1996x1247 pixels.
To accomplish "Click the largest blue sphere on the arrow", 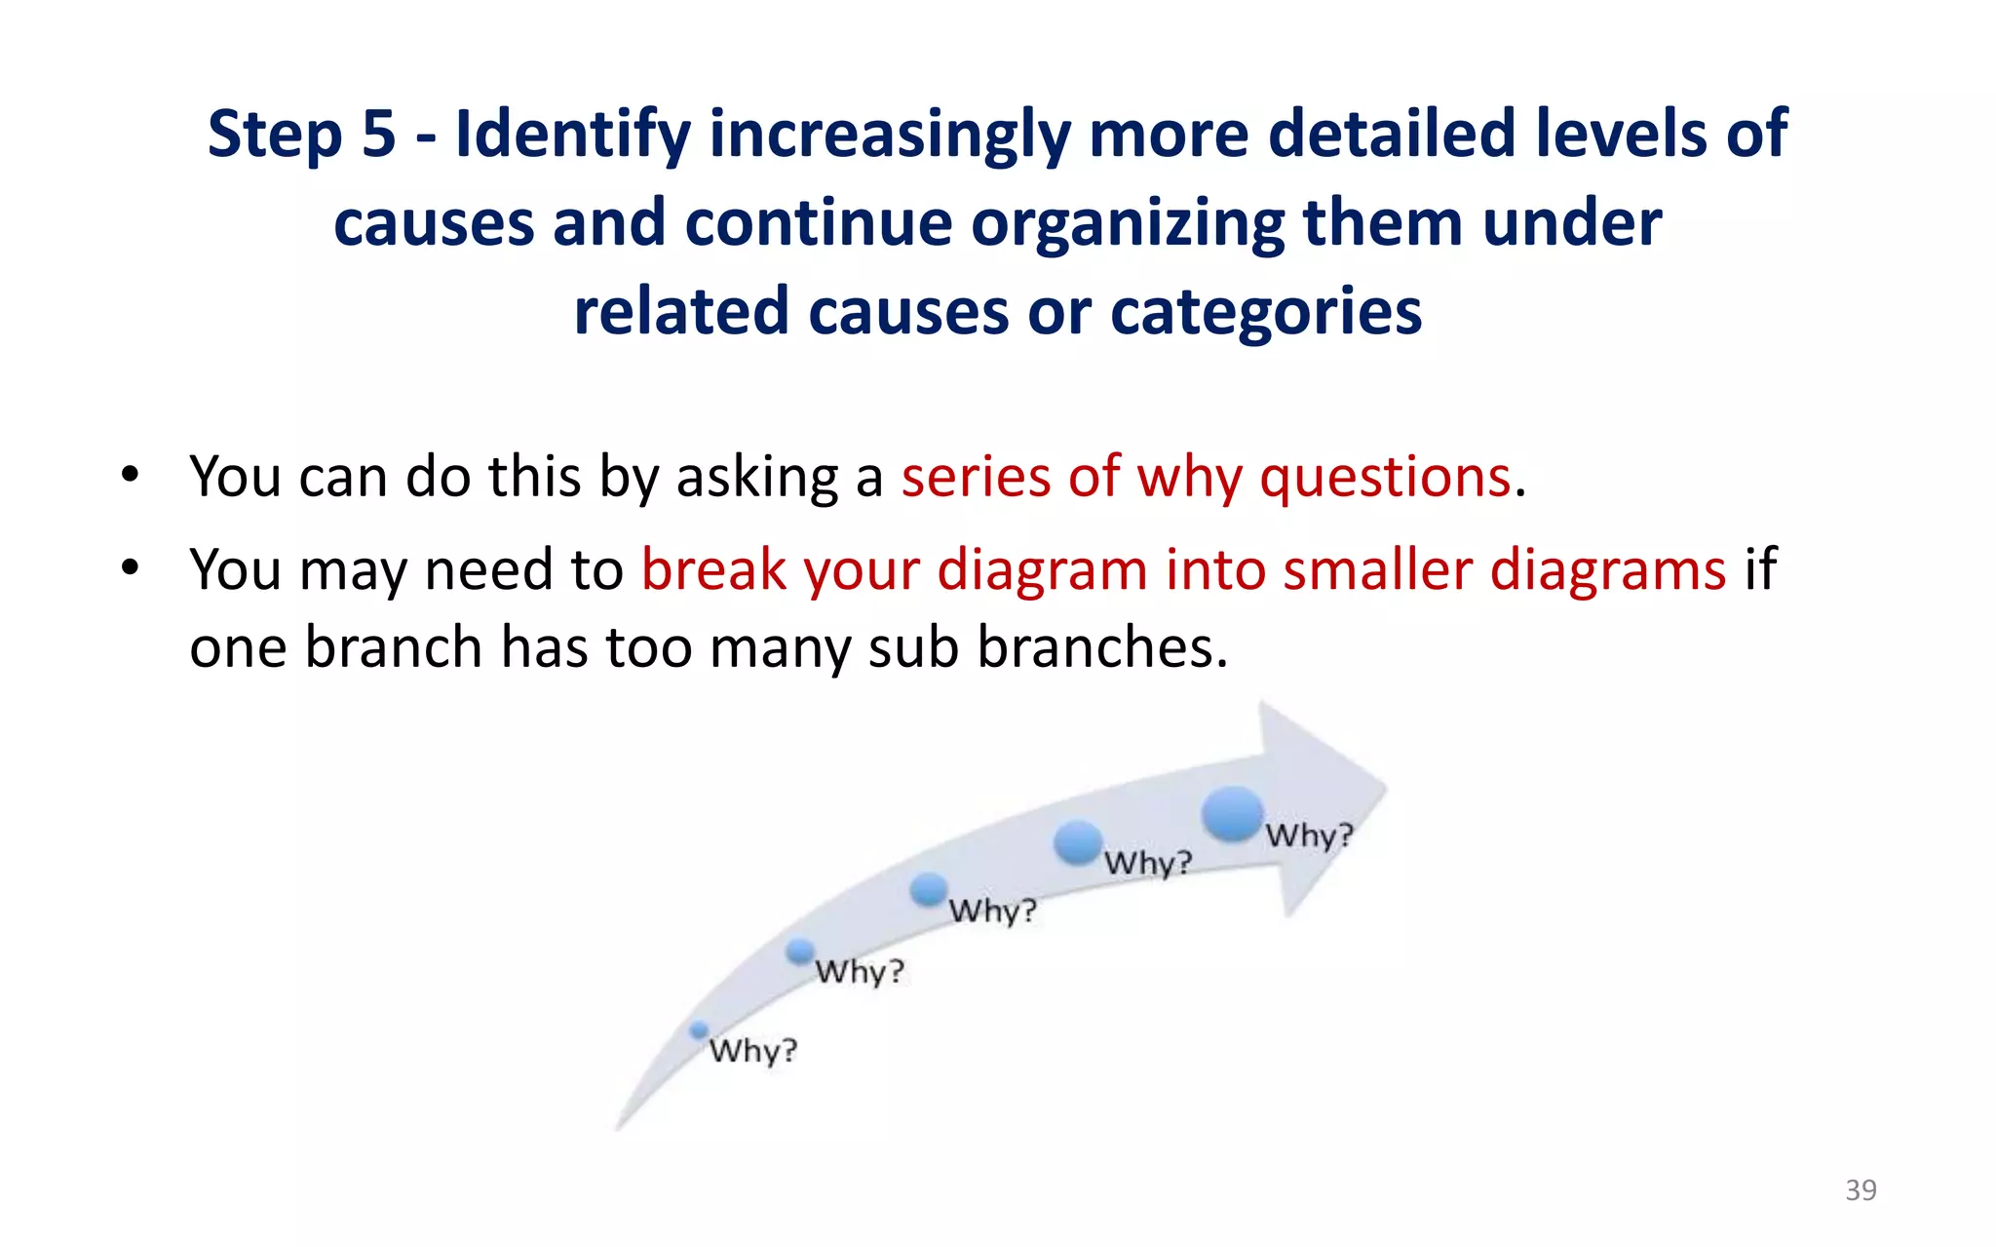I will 1232,814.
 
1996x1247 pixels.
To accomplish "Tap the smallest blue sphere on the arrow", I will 699,1031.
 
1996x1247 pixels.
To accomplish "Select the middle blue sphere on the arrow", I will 929,888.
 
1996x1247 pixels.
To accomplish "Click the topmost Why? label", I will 1309,836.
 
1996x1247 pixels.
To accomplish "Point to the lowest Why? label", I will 752,1051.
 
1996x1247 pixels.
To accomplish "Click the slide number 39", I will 1861,1190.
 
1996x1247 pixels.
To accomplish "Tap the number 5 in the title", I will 379,134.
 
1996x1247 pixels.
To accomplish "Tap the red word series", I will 976,478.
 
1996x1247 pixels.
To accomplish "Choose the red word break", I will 713,569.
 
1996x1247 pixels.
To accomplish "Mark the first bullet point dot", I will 131,477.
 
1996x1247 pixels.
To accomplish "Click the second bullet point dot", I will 131,568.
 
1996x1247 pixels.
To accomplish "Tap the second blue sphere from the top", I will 1078,841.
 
